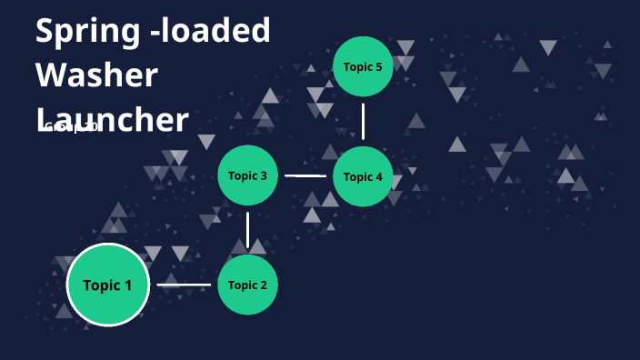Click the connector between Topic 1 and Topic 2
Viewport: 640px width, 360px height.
pyautogui.click(x=184, y=285)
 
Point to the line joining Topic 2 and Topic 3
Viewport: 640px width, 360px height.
pyautogui.click(x=247, y=231)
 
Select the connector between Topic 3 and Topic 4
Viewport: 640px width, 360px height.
pyautogui.click(x=305, y=176)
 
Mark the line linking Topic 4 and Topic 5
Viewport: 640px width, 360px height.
pyautogui.click(x=363, y=121)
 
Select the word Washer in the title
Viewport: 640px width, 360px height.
pyautogui.click(x=96, y=75)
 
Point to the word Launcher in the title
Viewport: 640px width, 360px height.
pyautogui.click(x=113, y=119)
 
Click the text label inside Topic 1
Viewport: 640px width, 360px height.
pyautogui.click(x=107, y=285)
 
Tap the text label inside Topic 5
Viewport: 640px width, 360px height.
pyautogui.click(x=363, y=66)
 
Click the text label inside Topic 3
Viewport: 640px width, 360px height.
pyautogui.click(x=247, y=175)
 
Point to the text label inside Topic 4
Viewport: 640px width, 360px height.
pyautogui.click(x=363, y=176)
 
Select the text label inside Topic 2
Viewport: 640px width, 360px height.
pyautogui.click(x=247, y=285)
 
